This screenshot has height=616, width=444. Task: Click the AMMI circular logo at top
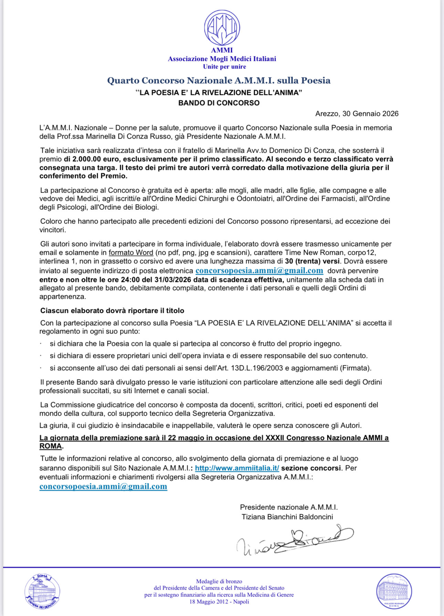pyautogui.click(x=222, y=27)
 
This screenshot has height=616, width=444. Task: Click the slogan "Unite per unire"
pyautogui.click(x=224, y=67)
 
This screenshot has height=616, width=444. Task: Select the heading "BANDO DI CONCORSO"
pyautogui.click(x=219, y=103)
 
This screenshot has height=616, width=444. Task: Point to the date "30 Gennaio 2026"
pyautogui.click(x=370, y=114)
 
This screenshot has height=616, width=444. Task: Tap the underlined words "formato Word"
pyautogui.click(x=131, y=253)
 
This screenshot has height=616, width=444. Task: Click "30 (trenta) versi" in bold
pyautogui.click(x=312, y=261)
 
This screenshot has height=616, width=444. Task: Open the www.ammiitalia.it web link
pyautogui.click(x=237, y=468)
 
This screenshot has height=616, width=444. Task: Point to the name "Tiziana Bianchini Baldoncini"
pyautogui.click(x=287, y=517)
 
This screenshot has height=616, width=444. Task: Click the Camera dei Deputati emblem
pyautogui.click(x=42, y=591)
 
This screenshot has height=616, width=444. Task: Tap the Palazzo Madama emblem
pyautogui.click(x=394, y=591)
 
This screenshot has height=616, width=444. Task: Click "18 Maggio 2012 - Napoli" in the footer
pyautogui.click(x=219, y=602)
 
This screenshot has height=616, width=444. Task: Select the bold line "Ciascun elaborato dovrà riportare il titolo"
pyautogui.click(x=112, y=311)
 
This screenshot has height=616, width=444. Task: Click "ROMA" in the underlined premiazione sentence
pyautogui.click(x=51, y=446)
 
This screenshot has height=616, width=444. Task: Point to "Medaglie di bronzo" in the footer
pyautogui.click(x=219, y=581)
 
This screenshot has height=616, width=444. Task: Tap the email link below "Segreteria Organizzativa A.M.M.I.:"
pyautogui.click(x=103, y=486)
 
